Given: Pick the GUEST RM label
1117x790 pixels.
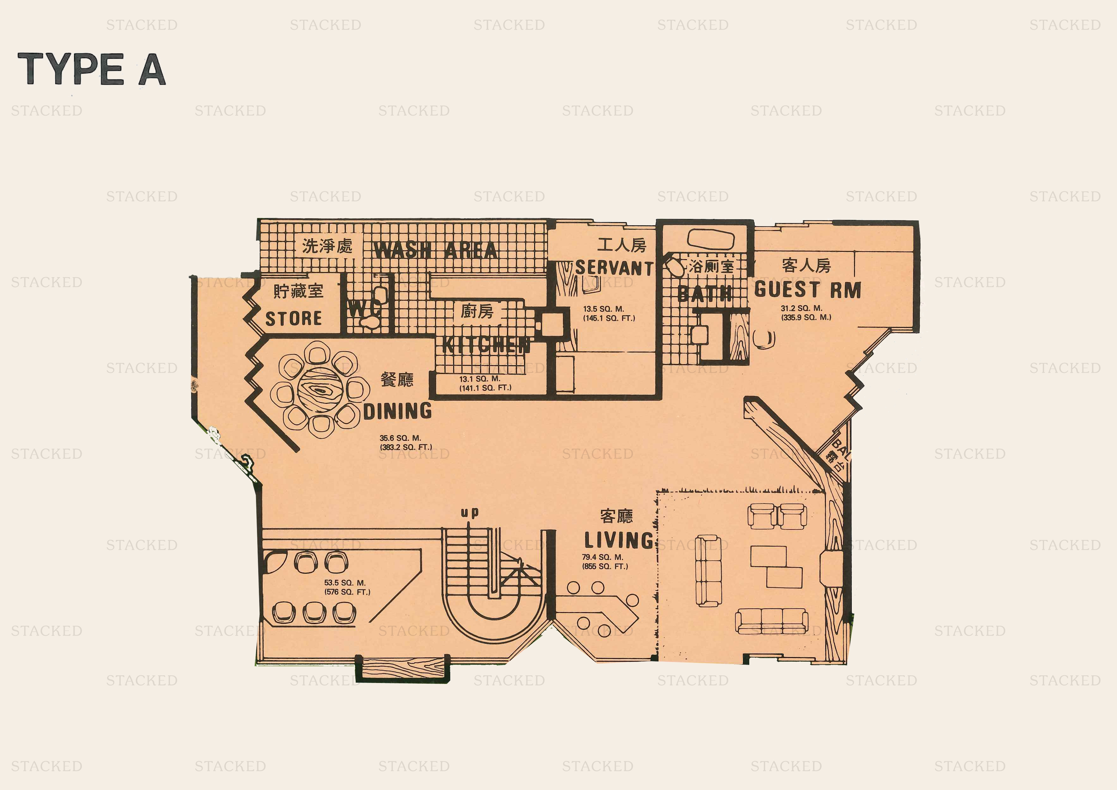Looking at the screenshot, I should click(808, 290).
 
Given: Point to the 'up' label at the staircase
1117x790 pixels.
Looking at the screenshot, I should click(469, 512).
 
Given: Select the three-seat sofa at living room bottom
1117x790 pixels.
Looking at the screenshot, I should click(771, 621).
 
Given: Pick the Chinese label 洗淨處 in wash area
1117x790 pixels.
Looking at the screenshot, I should click(327, 246).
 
